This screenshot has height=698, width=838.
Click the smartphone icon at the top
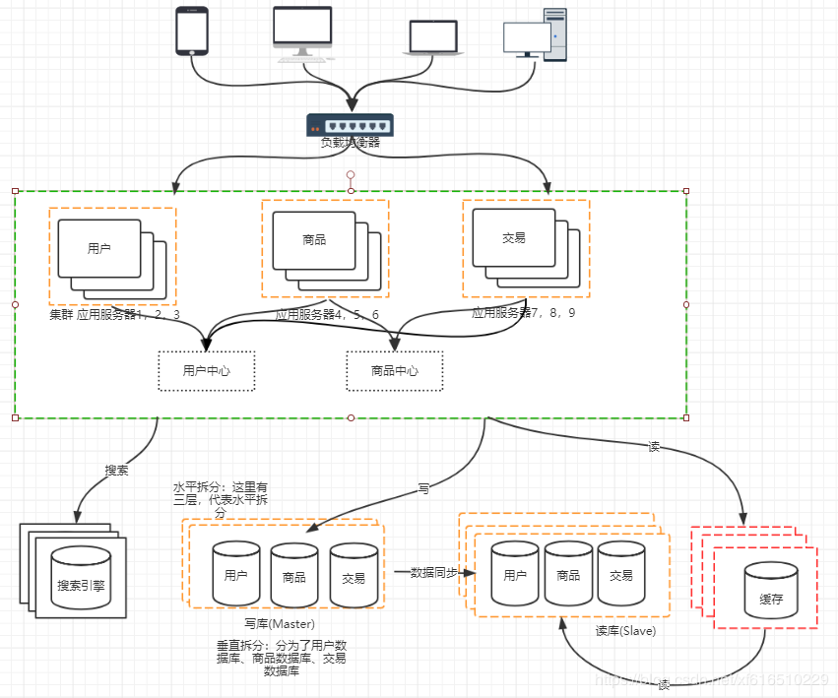point(191,31)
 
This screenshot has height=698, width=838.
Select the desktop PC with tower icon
point(536,35)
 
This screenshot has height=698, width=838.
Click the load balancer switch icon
point(350,125)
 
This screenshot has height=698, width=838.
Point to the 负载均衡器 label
point(350,143)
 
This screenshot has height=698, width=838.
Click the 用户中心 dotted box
point(207,371)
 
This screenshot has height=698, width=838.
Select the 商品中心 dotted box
point(394,371)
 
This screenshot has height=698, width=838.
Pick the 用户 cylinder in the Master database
point(236,574)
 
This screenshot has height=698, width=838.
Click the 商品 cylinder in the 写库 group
point(293,574)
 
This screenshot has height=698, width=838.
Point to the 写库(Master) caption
point(280,623)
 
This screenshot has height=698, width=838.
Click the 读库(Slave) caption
point(625,631)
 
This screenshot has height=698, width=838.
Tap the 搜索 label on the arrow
point(116,471)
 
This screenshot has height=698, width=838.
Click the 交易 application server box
point(513,238)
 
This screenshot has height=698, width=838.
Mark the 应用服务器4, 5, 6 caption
point(327,315)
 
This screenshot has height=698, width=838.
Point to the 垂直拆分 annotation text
point(281,658)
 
